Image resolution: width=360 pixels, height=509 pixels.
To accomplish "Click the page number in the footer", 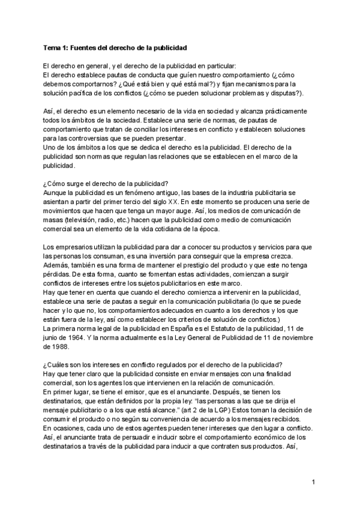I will pyautogui.click(x=314, y=482).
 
